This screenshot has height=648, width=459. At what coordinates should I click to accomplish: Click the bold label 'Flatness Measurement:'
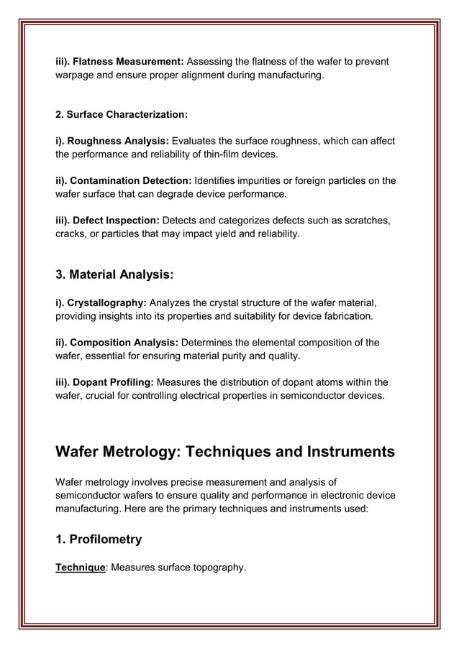tap(127, 62)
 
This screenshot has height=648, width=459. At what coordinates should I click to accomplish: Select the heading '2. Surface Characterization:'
tap(122, 115)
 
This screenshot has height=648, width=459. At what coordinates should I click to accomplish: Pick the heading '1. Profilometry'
tap(99, 539)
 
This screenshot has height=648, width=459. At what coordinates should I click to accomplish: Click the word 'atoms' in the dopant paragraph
tap(332, 381)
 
